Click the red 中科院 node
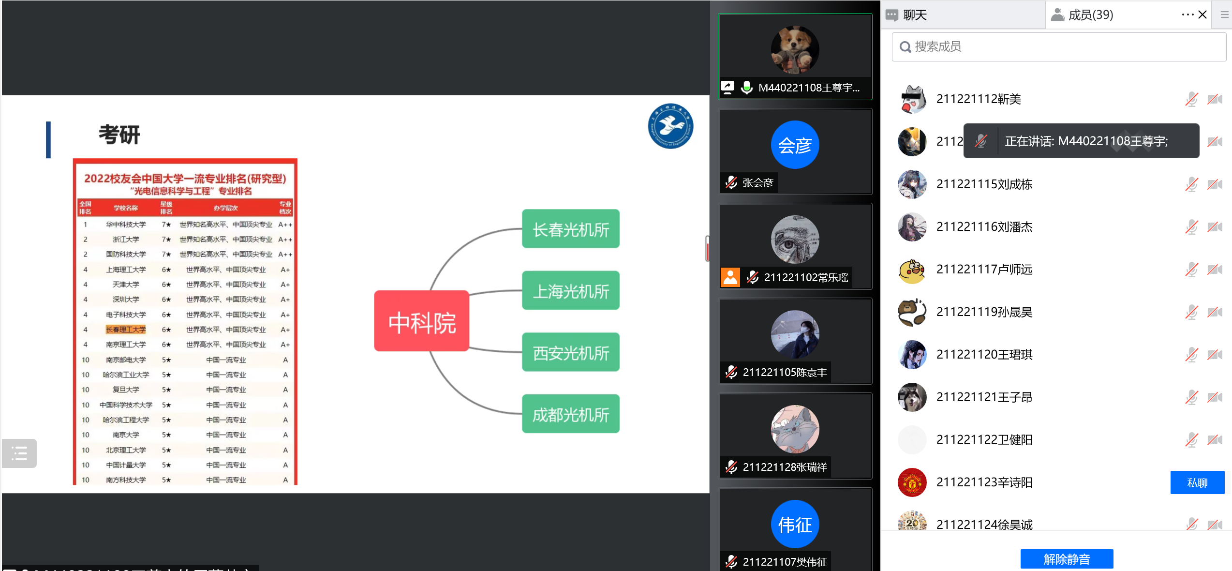point(422,321)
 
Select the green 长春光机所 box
point(571,229)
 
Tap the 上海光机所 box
point(571,291)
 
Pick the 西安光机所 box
point(571,352)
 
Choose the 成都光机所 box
point(571,414)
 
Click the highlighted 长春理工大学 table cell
point(126,330)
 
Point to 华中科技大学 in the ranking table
point(126,225)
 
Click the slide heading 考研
point(119,135)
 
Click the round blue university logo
point(670,126)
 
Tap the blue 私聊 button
point(1197,482)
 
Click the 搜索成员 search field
point(1059,46)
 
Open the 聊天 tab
point(914,15)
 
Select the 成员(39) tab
point(1090,15)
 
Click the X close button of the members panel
point(1202,15)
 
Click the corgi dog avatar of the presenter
point(795,50)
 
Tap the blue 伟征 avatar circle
point(795,524)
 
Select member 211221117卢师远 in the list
point(984,270)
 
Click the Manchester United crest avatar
point(912,482)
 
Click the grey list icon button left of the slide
point(19,453)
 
